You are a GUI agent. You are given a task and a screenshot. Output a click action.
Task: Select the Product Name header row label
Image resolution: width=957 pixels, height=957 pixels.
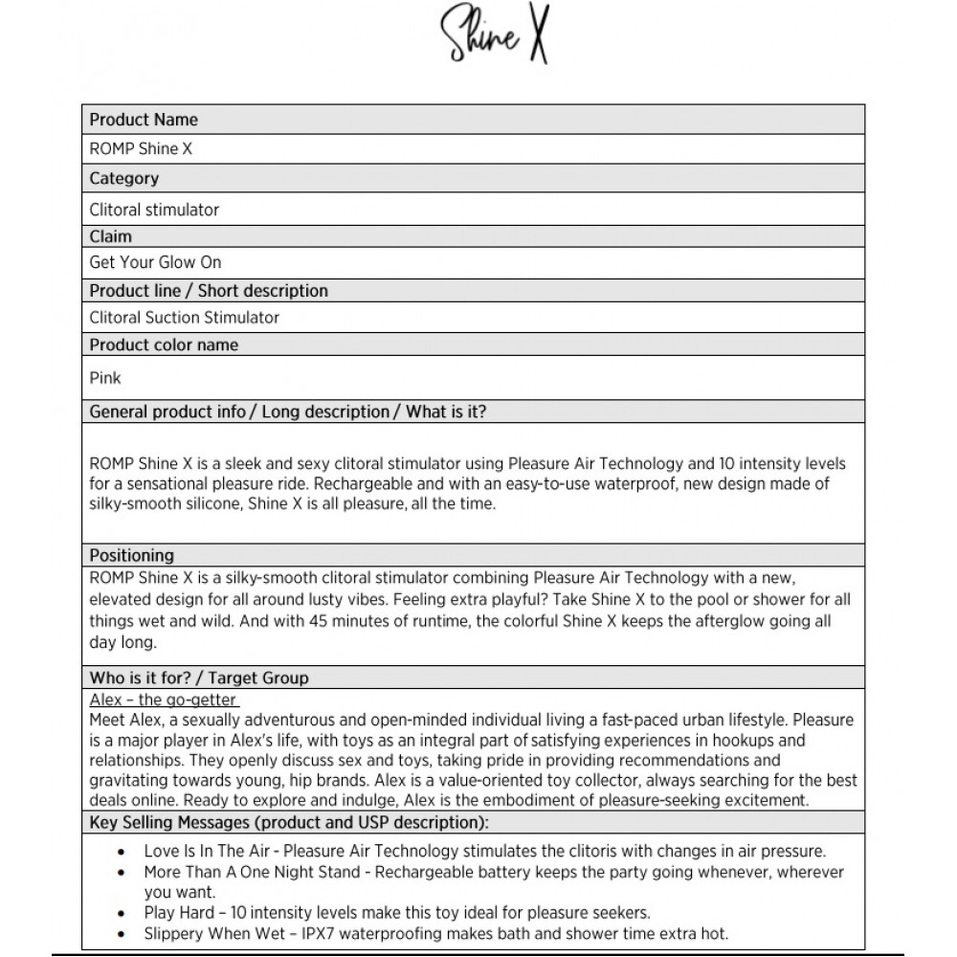point(144,120)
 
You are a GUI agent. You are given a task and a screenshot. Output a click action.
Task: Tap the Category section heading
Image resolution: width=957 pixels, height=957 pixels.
point(124,178)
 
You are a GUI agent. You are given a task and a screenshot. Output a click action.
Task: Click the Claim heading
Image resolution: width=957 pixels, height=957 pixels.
point(111,236)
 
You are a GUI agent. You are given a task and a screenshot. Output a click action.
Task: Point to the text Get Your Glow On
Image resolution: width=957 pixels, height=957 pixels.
point(155,262)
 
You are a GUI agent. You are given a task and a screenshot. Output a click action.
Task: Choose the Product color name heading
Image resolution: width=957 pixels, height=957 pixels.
point(164,345)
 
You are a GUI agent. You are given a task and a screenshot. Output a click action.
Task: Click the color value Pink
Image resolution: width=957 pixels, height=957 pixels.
point(105,378)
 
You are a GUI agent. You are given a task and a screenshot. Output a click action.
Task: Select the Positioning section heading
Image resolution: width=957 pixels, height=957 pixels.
point(132,555)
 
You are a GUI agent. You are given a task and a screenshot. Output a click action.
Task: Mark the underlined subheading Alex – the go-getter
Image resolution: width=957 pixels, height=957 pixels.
point(164,701)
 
